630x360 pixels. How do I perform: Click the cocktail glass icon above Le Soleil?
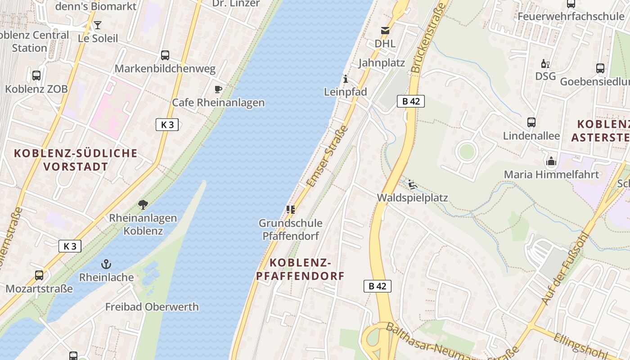click(98, 25)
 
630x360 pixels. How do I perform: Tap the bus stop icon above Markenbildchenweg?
click(165, 55)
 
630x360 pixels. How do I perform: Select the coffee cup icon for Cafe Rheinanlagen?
click(218, 89)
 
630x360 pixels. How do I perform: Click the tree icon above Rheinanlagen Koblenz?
click(143, 205)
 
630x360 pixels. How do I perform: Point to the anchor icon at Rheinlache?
click(107, 264)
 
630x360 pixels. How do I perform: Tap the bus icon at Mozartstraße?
click(39, 275)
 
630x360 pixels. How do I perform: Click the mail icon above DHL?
click(385, 31)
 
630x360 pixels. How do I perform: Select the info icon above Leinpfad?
click(346, 79)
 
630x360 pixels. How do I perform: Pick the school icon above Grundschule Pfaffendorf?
click(290, 210)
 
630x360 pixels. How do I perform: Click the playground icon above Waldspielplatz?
click(412, 184)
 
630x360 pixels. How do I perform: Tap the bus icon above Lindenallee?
click(531, 122)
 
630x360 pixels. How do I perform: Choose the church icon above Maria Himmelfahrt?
click(551, 161)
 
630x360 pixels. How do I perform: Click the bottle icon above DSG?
click(545, 63)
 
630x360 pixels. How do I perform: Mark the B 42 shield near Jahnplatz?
click(411, 101)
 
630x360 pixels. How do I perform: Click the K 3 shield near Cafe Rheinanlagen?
click(167, 125)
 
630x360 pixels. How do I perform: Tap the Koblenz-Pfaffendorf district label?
click(300, 269)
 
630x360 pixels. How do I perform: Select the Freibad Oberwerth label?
click(152, 307)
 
